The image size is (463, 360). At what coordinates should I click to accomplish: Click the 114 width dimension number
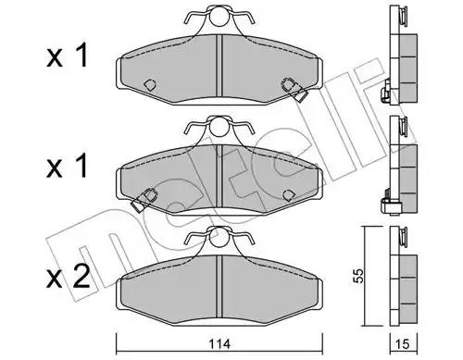point(219,344)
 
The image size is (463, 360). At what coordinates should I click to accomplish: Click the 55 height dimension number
point(358,276)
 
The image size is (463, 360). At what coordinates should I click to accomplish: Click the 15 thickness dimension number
point(403,344)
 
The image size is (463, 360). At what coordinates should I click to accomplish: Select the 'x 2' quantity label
point(68,277)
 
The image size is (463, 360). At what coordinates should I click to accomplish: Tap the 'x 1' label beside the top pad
point(68,56)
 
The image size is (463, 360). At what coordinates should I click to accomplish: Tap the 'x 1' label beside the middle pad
point(68,167)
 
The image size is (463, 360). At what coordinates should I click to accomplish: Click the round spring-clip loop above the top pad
point(219,16)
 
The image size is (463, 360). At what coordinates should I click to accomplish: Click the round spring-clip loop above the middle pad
point(219,127)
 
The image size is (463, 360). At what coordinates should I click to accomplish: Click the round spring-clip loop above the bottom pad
point(219,237)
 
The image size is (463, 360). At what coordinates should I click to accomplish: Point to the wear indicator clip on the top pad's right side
point(295,90)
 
